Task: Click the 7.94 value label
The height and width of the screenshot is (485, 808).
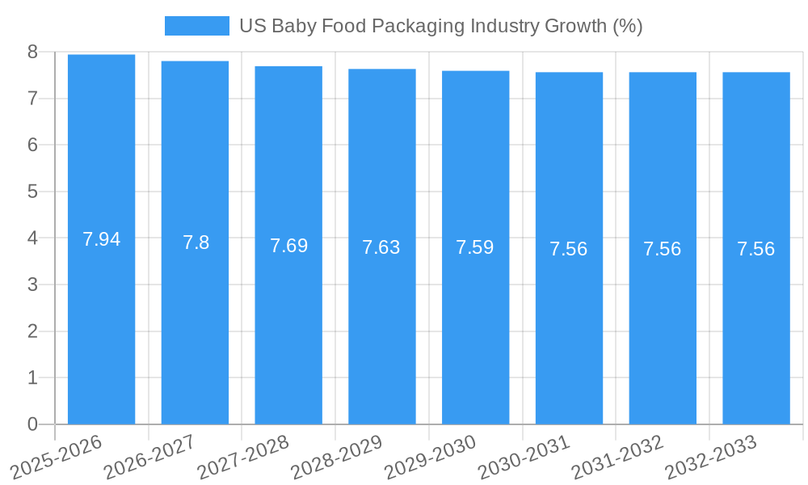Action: pos(101,239)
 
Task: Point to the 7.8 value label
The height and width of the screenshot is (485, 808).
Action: pos(196,242)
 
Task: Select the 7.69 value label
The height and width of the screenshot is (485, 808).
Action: pos(288,246)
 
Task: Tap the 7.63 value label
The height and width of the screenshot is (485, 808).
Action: pos(381,247)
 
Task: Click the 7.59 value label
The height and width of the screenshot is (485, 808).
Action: pos(475,247)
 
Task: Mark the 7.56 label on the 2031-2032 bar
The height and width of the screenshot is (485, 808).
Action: pos(662,249)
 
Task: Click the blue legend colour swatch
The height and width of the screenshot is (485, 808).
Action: pos(196,26)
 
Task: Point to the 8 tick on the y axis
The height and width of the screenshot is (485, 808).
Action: pos(32,52)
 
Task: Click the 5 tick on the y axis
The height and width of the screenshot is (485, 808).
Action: pos(32,192)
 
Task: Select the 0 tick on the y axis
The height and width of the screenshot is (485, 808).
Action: pos(32,424)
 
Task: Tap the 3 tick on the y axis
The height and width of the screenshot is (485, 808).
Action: pos(32,285)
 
